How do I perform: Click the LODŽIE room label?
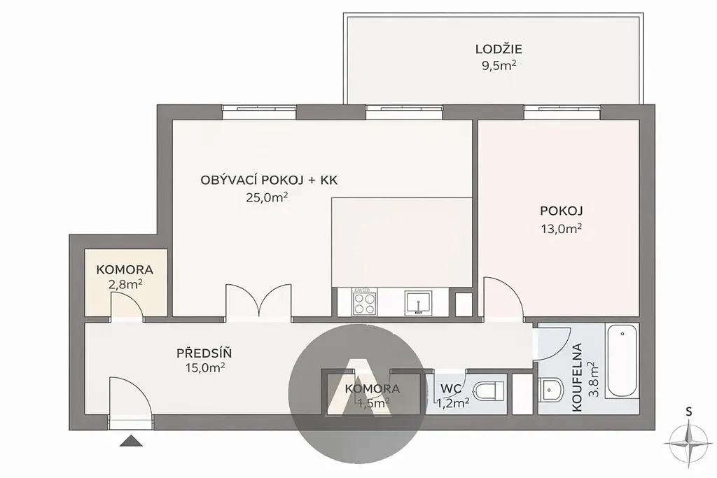(499, 49)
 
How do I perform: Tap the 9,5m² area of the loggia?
(499, 66)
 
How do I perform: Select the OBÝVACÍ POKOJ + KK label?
(269, 180)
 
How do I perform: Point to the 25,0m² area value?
(267, 197)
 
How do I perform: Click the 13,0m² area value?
(561, 228)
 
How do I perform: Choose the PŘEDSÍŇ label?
(204, 353)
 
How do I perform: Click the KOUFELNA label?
(577, 377)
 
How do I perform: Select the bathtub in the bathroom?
(622, 361)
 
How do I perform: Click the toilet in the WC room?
(488, 391)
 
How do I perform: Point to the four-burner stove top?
(364, 302)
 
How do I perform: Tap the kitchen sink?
(418, 302)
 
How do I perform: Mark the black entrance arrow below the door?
(132, 441)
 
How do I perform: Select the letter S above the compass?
(689, 412)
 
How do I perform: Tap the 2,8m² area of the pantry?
(125, 285)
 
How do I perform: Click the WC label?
(451, 389)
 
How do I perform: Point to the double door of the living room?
(259, 300)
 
